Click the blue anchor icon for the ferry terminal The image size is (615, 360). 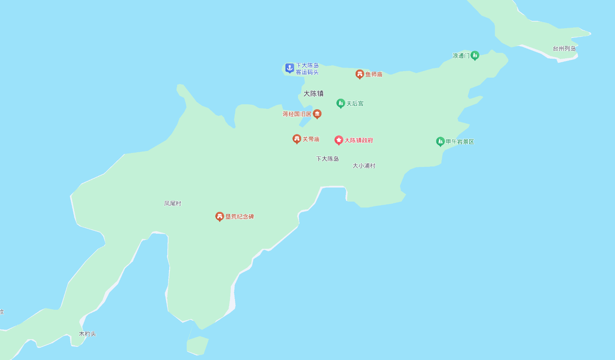[x=290, y=68]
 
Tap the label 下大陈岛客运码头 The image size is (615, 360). [x=307, y=69]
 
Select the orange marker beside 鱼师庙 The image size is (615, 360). [x=359, y=74]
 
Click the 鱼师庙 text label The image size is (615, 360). [x=374, y=74]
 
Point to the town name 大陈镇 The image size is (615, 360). [x=313, y=93]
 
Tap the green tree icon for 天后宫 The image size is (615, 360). [x=341, y=103]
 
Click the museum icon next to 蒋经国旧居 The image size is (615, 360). [x=317, y=114]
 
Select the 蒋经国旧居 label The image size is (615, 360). [x=297, y=114]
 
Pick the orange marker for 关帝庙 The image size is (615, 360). [x=296, y=139]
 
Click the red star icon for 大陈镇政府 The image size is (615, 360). [x=339, y=140]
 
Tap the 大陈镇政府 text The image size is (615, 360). [x=359, y=140]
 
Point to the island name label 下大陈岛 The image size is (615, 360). [x=327, y=159]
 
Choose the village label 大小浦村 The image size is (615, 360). [x=364, y=166]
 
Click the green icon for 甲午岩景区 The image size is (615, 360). [x=440, y=141]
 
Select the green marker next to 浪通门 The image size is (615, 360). [x=475, y=56]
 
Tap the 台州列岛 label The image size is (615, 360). [x=564, y=49]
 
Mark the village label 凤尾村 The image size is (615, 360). [x=172, y=203]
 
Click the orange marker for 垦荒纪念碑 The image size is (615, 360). [x=220, y=216]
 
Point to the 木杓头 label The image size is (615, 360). [x=87, y=334]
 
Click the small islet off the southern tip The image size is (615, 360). [x=198, y=345]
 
